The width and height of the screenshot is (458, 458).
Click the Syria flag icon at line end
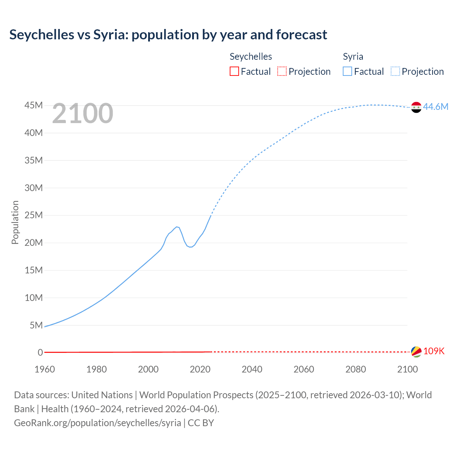point(416,107)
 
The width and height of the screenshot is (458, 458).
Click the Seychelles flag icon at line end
point(416,352)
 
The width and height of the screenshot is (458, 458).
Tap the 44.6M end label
point(435,107)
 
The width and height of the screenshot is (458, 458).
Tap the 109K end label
point(434,351)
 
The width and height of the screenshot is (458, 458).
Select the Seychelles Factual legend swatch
point(234,71)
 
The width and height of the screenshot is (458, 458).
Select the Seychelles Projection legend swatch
point(282,71)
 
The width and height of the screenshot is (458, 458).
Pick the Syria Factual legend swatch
point(347,71)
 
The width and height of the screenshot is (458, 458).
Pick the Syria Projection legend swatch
point(395,71)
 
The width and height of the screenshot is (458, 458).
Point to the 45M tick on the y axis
point(34,105)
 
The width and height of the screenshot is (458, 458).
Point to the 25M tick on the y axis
point(34,215)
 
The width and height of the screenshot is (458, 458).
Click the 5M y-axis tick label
point(36,325)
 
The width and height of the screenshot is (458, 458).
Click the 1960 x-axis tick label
point(45,369)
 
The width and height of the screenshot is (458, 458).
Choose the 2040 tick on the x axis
point(252,369)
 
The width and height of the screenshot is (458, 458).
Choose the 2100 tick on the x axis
point(407,369)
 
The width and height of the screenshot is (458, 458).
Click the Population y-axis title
point(15,222)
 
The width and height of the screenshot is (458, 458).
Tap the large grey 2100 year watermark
point(83,113)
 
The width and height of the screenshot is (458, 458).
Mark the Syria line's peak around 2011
point(177,227)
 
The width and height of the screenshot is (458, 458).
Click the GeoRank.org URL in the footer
point(97,423)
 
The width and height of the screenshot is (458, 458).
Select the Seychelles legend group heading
point(250,57)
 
